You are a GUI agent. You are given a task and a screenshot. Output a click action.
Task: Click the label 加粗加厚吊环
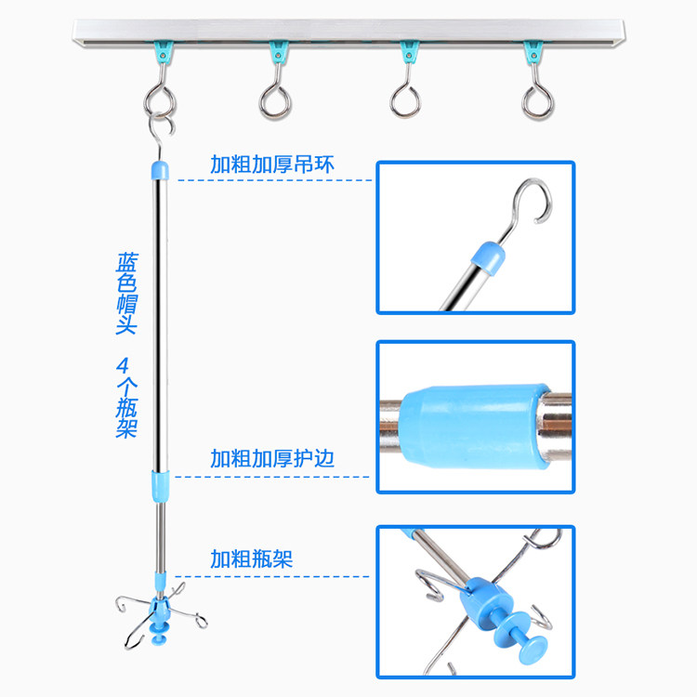(x=270, y=165)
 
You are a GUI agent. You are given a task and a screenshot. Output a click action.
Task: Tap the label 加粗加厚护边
(x=270, y=458)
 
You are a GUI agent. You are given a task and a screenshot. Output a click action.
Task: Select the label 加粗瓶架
(x=251, y=559)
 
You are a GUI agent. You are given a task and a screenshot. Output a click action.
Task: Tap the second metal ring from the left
(x=276, y=99)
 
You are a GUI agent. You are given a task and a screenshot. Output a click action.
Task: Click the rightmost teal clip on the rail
(x=533, y=51)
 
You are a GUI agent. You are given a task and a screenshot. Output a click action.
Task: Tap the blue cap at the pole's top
(x=160, y=170)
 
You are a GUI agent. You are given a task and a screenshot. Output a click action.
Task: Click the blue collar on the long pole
(x=163, y=484)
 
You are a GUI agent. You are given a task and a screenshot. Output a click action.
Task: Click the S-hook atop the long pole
(x=160, y=136)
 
